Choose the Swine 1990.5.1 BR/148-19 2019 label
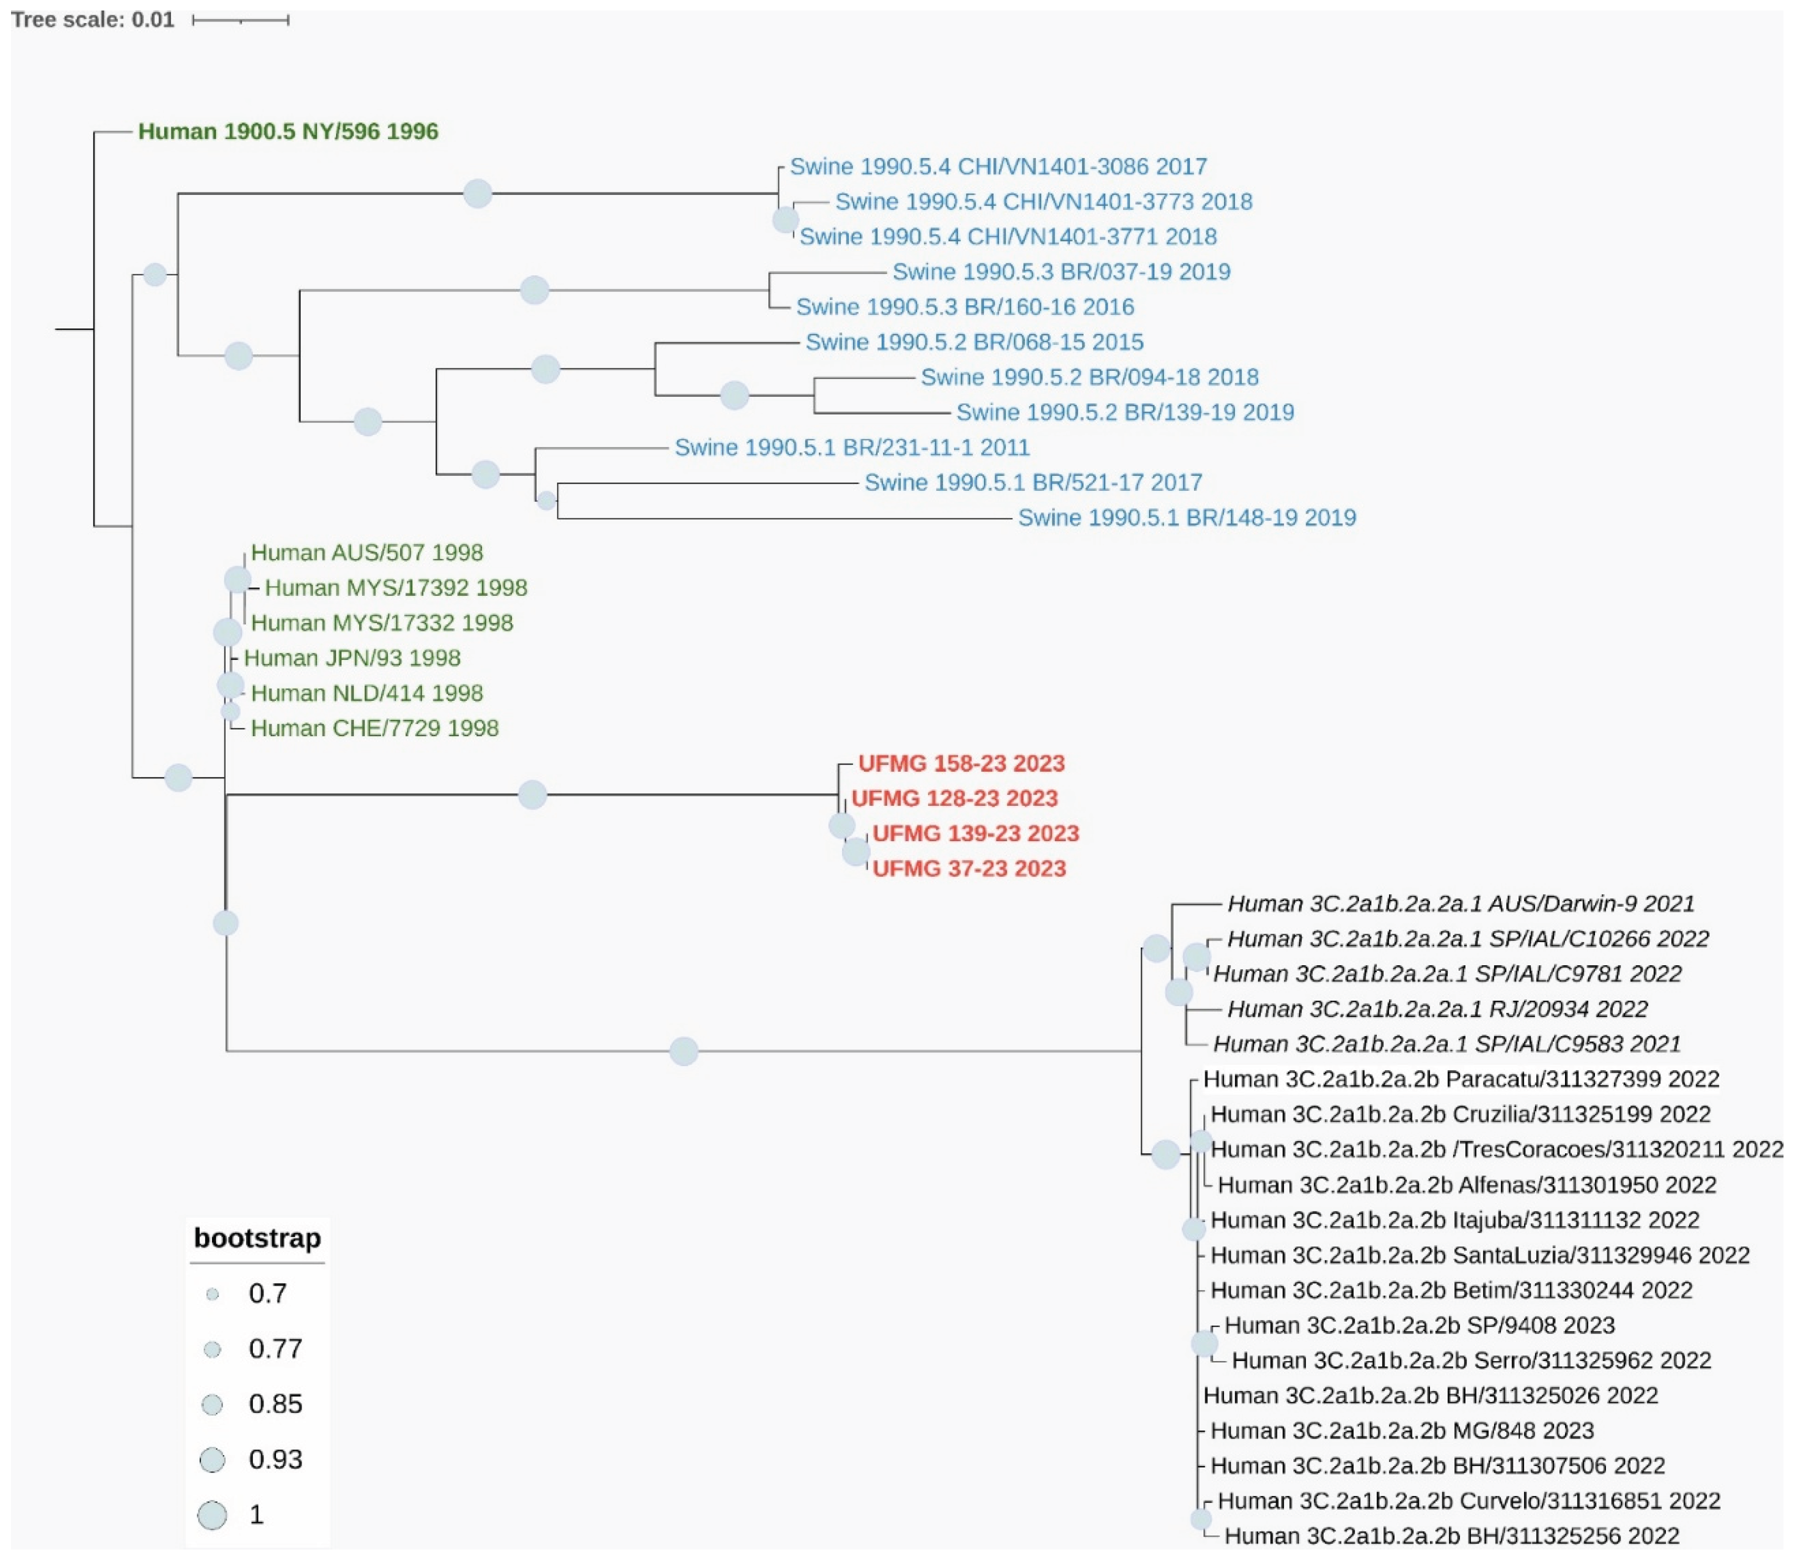coord(1186,518)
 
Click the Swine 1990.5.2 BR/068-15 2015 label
coord(974,342)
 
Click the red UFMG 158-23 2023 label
coord(961,764)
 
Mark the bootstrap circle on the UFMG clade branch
coord(532,795)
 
